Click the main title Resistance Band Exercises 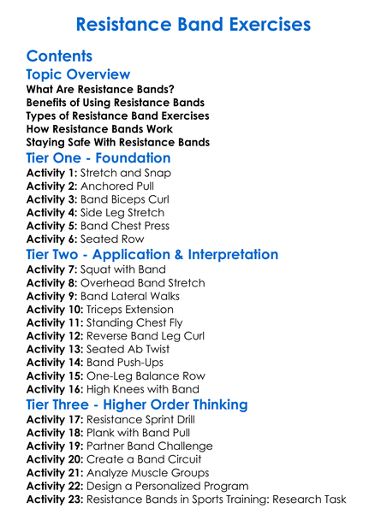coord(193,23)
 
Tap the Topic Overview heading coord(78,75)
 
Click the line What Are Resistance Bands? coord(100,89)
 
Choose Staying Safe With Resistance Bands coord(117,142)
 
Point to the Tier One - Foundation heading coord(98,158)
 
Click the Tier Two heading coord(152,255)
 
